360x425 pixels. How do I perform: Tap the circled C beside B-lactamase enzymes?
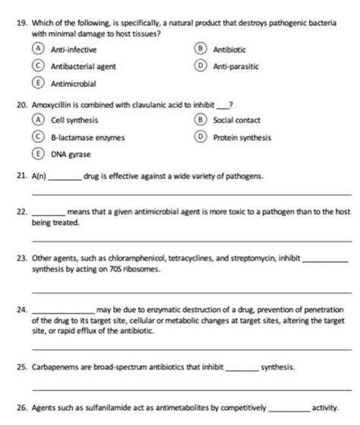pyautogui.click(x=36, y=138)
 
